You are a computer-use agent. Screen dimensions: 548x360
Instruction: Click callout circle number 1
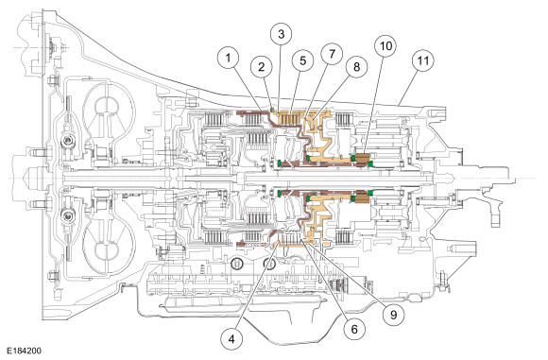229,58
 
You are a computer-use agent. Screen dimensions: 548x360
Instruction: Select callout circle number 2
262,67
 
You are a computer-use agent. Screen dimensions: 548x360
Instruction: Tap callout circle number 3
282,34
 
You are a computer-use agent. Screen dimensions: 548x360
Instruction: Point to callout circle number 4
231,338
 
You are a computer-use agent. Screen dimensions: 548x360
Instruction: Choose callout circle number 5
303,60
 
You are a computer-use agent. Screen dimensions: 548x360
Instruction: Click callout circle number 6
354,329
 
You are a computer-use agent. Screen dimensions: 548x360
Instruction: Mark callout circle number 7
332,54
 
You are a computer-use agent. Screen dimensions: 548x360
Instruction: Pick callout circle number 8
357,67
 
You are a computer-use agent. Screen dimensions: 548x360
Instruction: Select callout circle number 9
394,315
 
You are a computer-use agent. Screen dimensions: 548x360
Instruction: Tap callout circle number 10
385,45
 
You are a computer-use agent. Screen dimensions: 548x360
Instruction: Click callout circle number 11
423,60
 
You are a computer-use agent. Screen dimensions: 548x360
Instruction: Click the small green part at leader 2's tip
271,111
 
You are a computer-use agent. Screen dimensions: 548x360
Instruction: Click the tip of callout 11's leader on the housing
399,104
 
